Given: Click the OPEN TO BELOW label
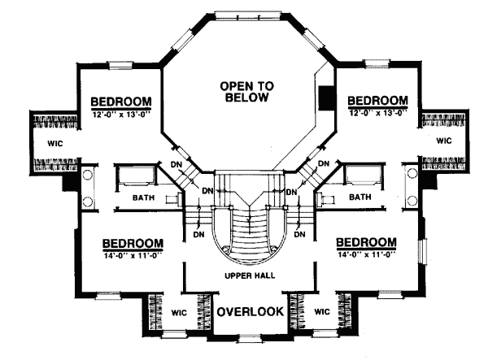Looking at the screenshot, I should click(x=249, y=91).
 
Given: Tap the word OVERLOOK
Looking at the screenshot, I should click(x=250, y=311).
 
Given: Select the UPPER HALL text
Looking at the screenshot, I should click(x=249, y=275).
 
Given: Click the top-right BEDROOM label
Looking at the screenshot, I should click(x=377, y=100).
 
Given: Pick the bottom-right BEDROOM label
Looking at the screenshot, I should click(x=366, y=243).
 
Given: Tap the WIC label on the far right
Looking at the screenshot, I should click(x=443, y=141).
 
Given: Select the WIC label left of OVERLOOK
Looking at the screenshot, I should click(x=179, y=311).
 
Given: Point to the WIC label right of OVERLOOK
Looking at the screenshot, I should click(x=321, y=311).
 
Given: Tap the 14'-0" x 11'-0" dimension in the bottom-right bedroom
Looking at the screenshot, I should click(x=366, y=255).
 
